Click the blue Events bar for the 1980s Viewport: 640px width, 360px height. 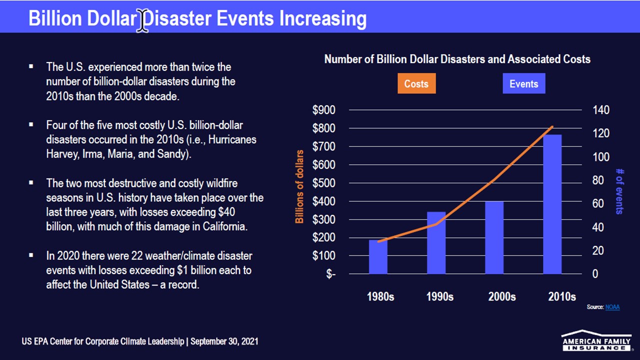[x=378, y=257]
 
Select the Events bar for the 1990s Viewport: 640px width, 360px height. [x=436, y=243]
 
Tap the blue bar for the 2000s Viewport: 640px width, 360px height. [x=494, y=237]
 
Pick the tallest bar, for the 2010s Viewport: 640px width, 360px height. [x=552, y=204]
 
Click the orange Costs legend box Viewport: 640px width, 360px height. [x=416, y=83]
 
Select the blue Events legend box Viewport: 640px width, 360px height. [x=524, y=83]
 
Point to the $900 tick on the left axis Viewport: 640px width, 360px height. [x=323, y=110]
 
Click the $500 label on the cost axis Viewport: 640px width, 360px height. [x=323, y=183]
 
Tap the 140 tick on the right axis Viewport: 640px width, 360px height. [x=601, y=110]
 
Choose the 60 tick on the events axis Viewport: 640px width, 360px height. [x=598, y=203]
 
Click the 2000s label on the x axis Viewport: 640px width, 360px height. [x=502, y=296]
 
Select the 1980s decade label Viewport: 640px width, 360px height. [x=380, y=296]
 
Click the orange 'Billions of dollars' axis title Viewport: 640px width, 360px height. [x=299, y=186]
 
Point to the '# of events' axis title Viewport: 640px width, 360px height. [x=619, y=191]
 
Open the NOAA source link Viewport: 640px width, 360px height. [x=612, y=307]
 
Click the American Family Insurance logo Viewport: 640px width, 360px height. [x=596, y=340]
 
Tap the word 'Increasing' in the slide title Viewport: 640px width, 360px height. [x=323, y=19]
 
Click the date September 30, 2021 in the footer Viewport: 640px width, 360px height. [x=224, y=341]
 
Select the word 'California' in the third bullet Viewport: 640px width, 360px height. [x=225, y=226]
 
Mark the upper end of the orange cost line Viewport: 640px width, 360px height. [x=552, y=126]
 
